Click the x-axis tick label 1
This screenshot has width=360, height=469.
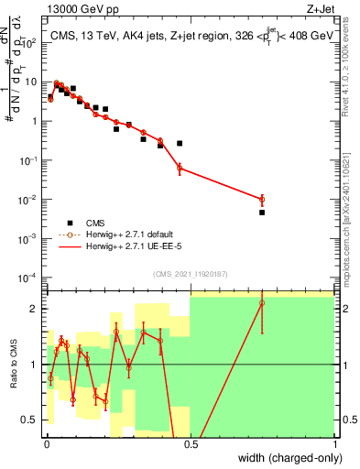335,444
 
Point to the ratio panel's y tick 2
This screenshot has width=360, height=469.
34,309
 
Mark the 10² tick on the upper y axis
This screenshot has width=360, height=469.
29,41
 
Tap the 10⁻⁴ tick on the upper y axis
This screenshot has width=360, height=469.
29,277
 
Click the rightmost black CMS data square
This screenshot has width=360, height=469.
262,213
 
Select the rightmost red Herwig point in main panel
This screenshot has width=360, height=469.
262,199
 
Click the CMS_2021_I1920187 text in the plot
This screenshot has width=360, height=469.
190,274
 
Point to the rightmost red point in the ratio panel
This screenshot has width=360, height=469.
262,303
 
